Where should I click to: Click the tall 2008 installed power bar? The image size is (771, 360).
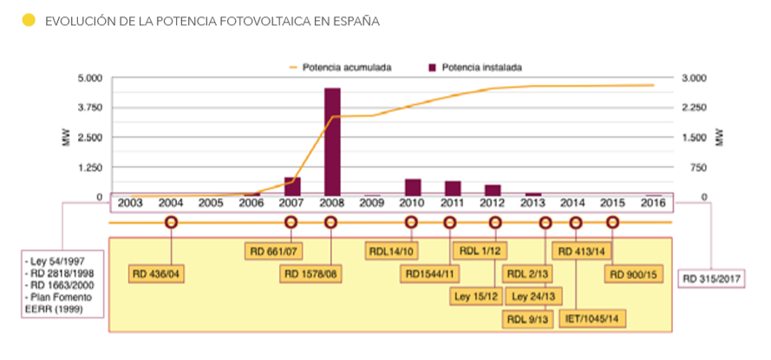coord(331,142)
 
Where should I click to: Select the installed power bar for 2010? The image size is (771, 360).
coord(413,187)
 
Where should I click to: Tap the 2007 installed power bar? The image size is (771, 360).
coord(292,187)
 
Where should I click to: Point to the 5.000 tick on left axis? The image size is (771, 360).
coord(90,78)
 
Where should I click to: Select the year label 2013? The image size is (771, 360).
coord(532,203)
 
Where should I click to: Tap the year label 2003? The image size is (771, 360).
coord(130,203)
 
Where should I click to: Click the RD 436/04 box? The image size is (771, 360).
coord(159,274)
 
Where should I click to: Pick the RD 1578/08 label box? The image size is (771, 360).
coord(310,274)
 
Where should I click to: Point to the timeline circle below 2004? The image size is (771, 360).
coord(171,222)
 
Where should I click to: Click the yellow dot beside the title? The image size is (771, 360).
coord(28,19)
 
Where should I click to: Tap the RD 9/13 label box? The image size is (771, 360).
coord(526,317)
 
